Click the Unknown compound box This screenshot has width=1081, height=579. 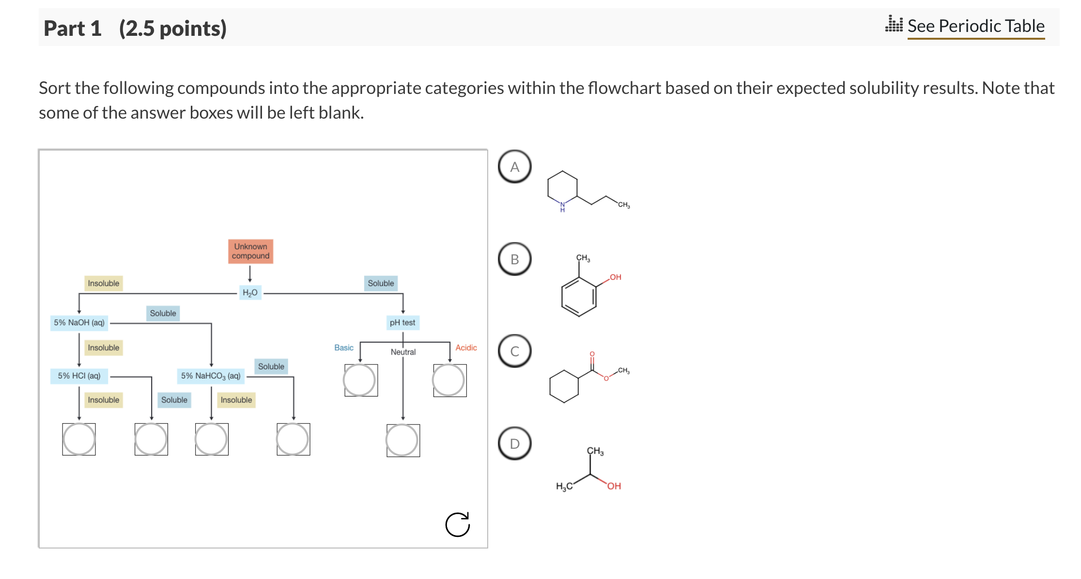point(250,251)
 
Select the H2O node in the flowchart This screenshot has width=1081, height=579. point(250,292)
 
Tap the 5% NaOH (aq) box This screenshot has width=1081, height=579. point(79,322)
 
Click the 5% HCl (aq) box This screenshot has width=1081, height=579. point(79,376)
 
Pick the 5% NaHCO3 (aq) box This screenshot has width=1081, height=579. point(211,376)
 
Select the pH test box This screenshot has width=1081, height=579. point(402,322)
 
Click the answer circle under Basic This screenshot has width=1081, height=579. point(360,380)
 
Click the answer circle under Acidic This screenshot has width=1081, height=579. point(449,380)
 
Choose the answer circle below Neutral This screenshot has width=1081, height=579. point(402,440)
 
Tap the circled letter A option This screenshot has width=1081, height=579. point(515,167)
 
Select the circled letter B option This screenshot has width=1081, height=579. point(515,259)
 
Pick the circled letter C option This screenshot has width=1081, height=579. point(515,351)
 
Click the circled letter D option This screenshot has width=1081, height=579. point(515,443)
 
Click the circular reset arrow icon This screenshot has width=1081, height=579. point(458,524)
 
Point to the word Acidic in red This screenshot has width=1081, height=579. point(466,348)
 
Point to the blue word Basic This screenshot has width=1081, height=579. point(344,348)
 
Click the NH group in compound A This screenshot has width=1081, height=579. point(562,207)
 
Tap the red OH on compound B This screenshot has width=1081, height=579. point(615,277)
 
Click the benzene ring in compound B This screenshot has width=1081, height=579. point(579,296)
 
